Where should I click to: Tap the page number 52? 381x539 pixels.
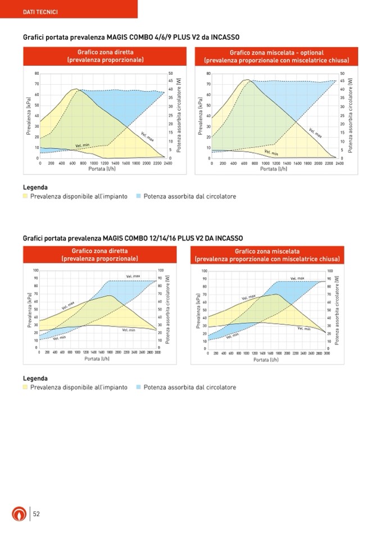(x=36, y=514)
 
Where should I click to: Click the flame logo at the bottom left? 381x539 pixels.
(x=19, y=514)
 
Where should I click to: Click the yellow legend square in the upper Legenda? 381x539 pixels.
(x=25, y=197)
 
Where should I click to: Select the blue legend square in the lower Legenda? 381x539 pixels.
(x=138, y=387)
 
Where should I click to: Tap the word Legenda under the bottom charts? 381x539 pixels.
(x=35, y=378)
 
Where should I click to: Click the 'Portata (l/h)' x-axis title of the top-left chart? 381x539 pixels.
(x=102, y=169)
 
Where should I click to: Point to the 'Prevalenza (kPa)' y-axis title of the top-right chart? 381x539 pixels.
(x=199, y=115)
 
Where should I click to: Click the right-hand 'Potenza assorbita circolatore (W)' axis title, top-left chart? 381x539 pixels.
(x=179, y=115)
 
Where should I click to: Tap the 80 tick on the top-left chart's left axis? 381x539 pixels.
(x=37, y=73)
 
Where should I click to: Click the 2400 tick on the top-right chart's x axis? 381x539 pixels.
(x=339, y=163)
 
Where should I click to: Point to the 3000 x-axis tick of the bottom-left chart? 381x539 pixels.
(x=158, y=352)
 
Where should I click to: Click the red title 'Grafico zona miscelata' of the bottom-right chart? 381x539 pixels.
(x=267, y=251)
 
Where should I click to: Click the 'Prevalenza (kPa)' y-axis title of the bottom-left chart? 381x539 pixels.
(x=29, y=310)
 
